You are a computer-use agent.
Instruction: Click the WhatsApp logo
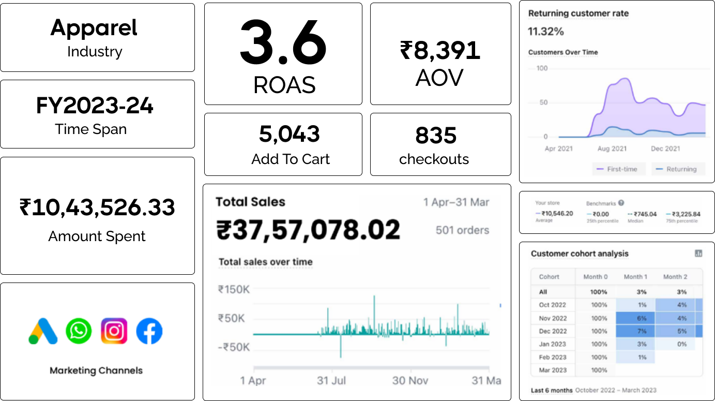[x=79, y=331]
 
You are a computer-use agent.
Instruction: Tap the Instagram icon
[x=114, y=331]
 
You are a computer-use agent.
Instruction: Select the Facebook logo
[x=149, y=331]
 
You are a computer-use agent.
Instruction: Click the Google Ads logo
[x=43, y=331]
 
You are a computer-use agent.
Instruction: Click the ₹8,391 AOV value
[x=440, y=51]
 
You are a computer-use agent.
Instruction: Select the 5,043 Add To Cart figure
[x=290, y=135]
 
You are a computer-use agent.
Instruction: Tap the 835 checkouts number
[x=436, y=136]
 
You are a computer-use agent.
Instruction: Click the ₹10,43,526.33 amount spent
[x=97, y=207]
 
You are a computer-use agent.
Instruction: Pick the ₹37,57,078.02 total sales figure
[x=308, y=230]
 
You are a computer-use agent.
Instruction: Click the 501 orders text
[x=462, y=230]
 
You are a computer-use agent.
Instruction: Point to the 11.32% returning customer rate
[x=545, y=32]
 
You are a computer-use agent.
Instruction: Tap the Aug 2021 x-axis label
[x=612, y=149]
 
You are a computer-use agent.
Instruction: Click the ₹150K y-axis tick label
[x=234, y=289]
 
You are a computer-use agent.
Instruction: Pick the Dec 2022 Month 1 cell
[x=635, y=331]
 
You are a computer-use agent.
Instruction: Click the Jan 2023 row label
[x=552, y=344]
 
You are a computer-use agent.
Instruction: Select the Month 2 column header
[x=675, y=277]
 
